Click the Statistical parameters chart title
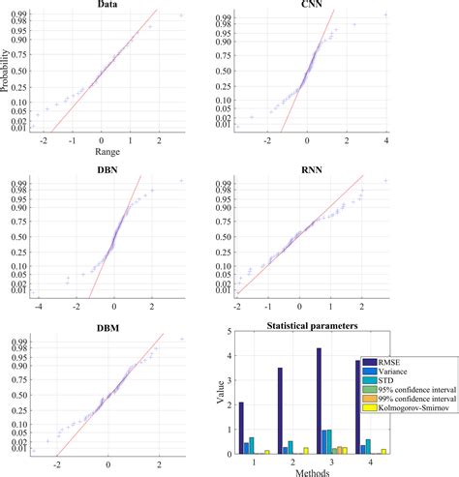tap(312, 328)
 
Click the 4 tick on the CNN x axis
tap(386, 142)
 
